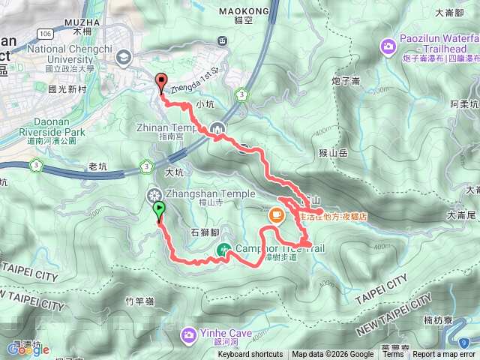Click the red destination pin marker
tap(160, 82)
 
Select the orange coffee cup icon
tap(276, 216)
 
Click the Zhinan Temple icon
tap(217, 128)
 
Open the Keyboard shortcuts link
tap(250, 355)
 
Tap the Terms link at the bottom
tap(392, 355)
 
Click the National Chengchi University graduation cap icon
tap(124, 55)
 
